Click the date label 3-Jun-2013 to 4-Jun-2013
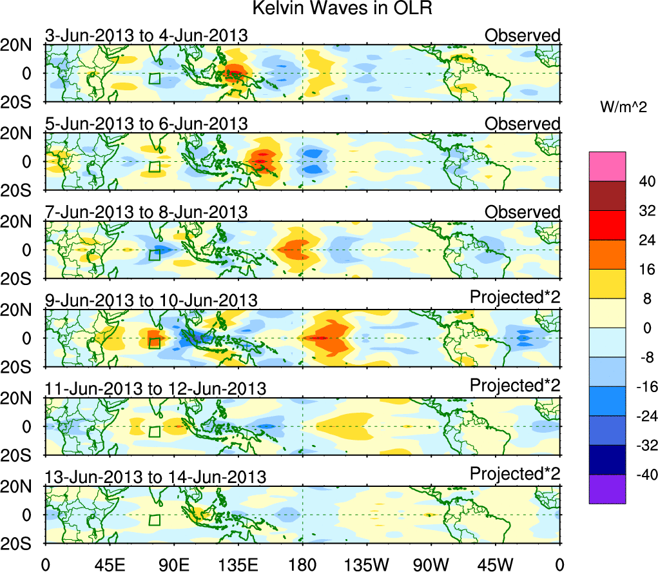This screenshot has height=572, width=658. point(146,35)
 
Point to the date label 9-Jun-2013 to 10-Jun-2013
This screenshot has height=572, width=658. point(151,301)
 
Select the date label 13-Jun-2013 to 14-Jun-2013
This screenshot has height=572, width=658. point(155,477)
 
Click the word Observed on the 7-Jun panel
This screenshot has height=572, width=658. point(523,212)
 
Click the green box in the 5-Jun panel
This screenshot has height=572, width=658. point(154,166)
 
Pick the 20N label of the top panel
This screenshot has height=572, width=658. point(22,45)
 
